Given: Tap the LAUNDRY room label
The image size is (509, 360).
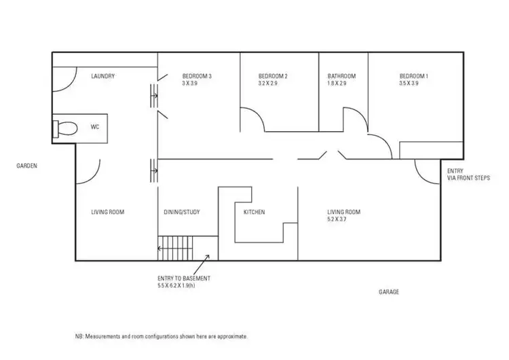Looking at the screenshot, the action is point(103,76).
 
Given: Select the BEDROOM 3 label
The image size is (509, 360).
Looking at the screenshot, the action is point(197,76).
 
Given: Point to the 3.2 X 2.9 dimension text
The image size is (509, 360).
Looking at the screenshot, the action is point(268,84).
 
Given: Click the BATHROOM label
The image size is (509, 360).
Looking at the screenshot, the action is point(341,76).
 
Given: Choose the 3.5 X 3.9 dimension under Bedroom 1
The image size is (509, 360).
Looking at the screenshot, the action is point(409,84).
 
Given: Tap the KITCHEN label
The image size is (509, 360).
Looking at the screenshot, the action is point(254,212).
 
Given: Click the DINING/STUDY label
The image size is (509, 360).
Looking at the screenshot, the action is point(182,212).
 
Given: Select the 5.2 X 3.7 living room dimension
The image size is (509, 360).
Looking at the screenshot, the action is point(343,219).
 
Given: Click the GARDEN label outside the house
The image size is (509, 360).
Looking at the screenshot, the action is point(27,165).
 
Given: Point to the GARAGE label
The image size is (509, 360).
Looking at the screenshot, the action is point(389,292).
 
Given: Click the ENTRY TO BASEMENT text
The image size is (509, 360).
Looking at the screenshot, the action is point(183,278).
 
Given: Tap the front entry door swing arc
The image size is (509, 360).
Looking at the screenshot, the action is point(426,173).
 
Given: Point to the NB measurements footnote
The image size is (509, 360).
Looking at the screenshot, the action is point(162,336).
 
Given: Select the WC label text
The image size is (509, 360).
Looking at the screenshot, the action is point(94,126).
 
